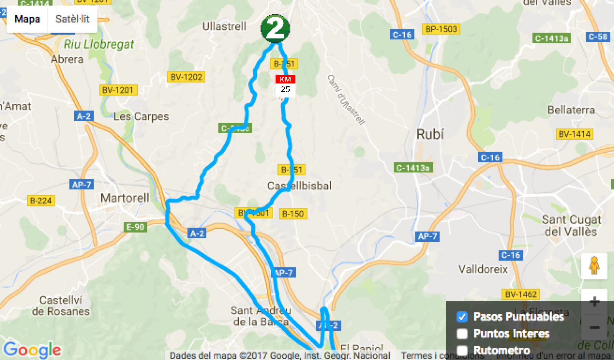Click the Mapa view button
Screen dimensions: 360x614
[x=27, y=19]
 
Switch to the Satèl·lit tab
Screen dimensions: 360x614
[x=72, y=19]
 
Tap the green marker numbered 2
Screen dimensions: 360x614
[x=275, y=28]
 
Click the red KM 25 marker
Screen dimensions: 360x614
[x=285, y=85]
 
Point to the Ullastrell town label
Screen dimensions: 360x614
[x=224, y=26]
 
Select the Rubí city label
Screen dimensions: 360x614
[x=430, y=134]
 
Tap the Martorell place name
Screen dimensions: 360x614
[x=125, y=198]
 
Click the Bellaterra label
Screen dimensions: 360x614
[x=571, y=110]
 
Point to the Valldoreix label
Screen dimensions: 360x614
[x=483, y=269]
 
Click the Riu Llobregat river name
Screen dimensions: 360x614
[x=99, y=45]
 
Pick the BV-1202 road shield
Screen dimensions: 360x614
[x=186, y=77]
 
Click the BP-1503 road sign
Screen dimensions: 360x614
[x=441, y=29]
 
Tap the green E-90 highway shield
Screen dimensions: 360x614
[x=135, y=227]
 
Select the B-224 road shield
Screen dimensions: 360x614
[x=41, y=200]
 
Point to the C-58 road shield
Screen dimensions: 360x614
[x=597, y=36]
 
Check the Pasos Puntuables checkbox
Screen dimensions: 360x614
[x=462, y=317]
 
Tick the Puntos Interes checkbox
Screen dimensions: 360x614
[x=462, y=334]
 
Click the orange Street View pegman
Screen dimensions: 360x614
[x=594, y=266]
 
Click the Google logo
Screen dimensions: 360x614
[x=32, y=350]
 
